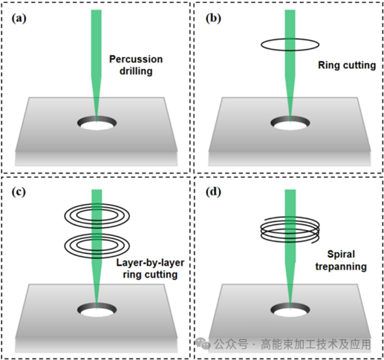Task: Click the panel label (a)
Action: [19, 19]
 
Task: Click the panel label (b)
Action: [213, 19]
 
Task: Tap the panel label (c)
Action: [19, 192]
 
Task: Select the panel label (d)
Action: [213, 192]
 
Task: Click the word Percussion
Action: [136, 59]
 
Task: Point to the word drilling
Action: [136, 71]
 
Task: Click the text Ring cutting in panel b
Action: [347, 65]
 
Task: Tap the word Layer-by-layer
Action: [150, 263]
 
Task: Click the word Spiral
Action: [341, 255]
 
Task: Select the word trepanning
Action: [341, 266]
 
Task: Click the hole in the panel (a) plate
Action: [97, 123]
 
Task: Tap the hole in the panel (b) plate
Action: [290, 123]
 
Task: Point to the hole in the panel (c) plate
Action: [97, 310]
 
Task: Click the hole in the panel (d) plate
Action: [290, 310]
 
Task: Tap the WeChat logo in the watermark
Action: [203, 343]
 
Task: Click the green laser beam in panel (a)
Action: [97, 62]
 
